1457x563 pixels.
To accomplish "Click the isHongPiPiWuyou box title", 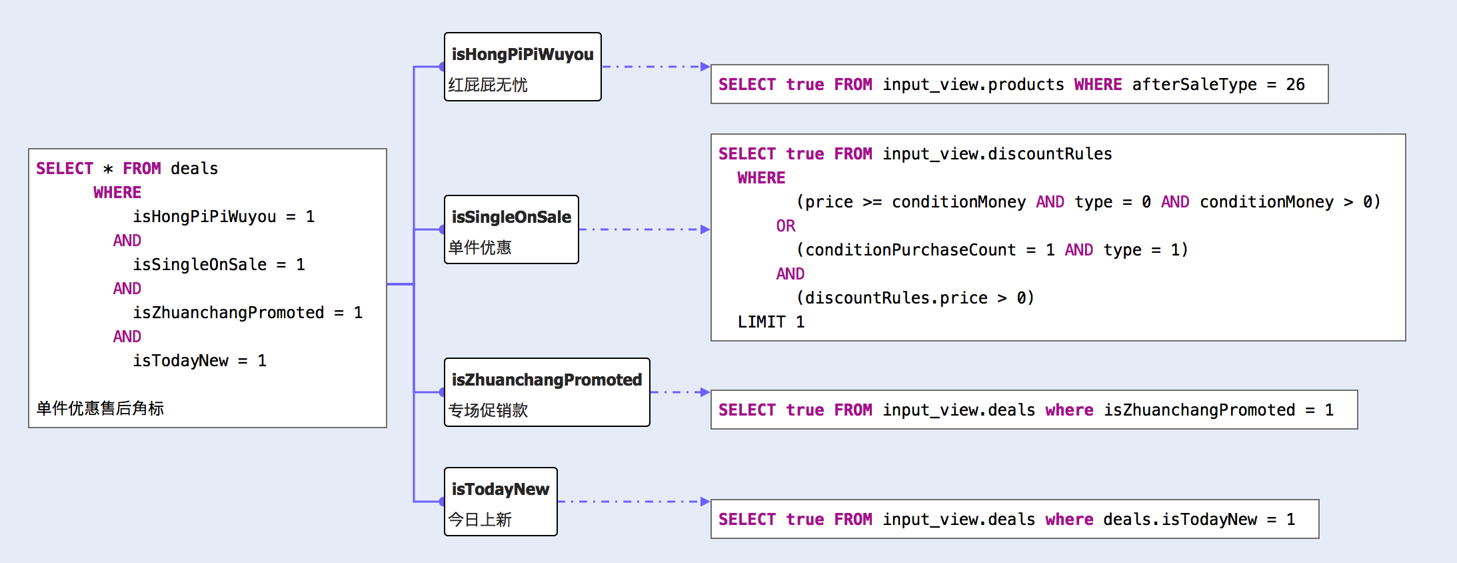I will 522,54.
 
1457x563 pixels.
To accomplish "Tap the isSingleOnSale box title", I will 511,217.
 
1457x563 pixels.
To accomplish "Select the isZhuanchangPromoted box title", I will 547,380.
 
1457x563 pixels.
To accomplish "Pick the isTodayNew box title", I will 500,489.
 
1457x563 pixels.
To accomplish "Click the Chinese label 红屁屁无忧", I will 488,85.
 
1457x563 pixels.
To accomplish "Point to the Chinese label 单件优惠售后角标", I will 100,408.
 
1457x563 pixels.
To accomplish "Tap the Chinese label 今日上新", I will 480,520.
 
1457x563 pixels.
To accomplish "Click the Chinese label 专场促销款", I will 488,410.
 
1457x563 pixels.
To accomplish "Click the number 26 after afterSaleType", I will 1295,85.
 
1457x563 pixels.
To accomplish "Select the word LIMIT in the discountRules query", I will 761,322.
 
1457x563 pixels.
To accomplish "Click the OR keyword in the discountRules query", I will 786,226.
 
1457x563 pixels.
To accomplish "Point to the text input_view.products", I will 973,85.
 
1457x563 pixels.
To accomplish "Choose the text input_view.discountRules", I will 997,154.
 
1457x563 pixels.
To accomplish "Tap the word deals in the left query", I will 194,169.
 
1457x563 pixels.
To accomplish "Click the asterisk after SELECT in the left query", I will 108,169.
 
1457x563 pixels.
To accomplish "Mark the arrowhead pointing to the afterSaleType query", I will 705,67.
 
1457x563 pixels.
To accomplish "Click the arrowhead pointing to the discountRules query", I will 705,229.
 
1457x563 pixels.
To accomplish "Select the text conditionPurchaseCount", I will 910,250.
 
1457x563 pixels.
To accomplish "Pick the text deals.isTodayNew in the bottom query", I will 1180,520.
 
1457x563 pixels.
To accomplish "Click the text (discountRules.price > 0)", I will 915,298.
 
